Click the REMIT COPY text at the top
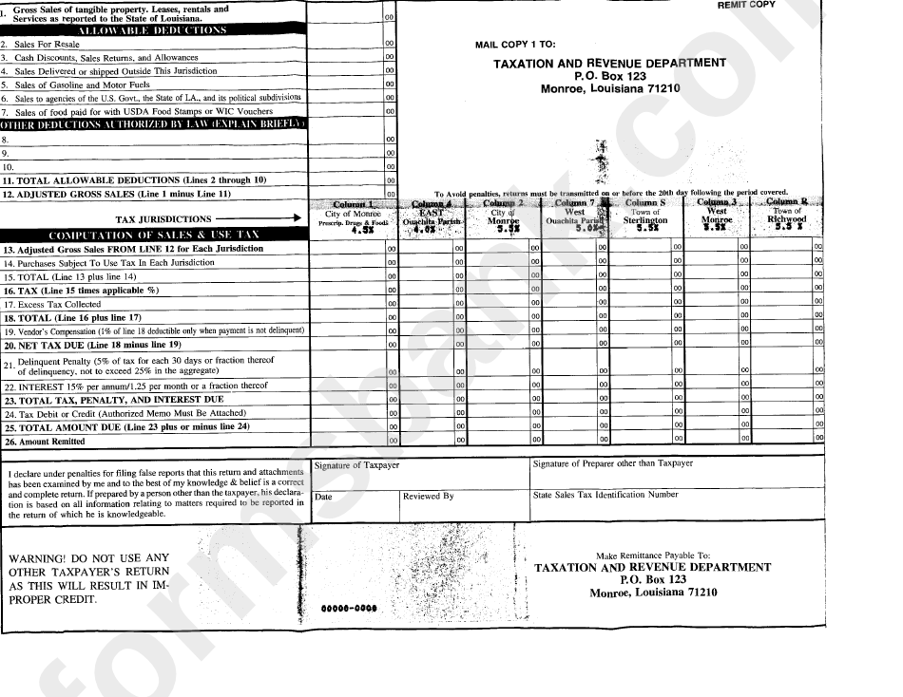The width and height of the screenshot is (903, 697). pyautogui.click(x=746, y=5)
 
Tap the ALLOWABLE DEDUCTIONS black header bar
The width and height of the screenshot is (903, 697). pyautogui.click(x=152, y=30)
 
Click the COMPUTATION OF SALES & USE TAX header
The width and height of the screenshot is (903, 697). pyautogui.click(x=153, y=234)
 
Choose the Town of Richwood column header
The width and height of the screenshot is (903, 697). pyautogui.click(x=787, y=216)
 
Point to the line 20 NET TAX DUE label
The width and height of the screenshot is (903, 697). pyautogui.click(x=79, y=345)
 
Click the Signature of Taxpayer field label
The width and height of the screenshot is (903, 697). pyautogui.click(x=357, y=465)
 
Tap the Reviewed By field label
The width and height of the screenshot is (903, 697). pyautogui.click(x=428, y=496)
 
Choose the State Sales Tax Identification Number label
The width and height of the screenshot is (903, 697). pyautogui.click(x=605, y=495)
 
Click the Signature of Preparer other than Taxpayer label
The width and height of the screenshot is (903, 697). pyautogui.click(x=613, y=464)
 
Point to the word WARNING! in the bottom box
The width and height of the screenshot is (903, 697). pyautogui.click(x=35, y=558)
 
